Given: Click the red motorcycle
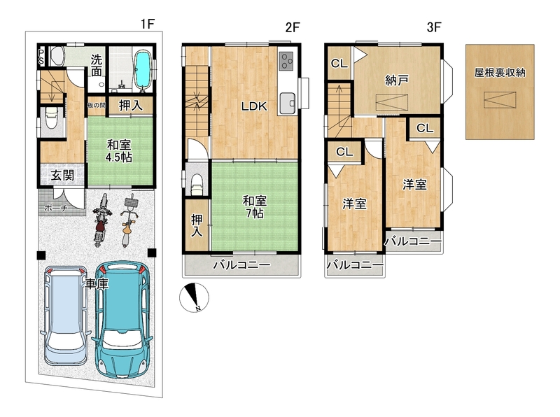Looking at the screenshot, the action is point(101,220).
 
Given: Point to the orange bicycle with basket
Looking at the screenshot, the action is point(128,220).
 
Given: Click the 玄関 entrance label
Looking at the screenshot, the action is point(62,176).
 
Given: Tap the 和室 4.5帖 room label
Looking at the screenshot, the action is point(119,151).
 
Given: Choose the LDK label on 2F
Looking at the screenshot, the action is point(254,106).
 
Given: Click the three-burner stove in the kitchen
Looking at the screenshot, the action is point(286,60).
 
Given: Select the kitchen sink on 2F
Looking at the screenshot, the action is point(288,103).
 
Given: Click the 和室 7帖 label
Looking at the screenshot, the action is point(254,206).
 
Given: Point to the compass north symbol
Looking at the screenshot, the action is point(194,297).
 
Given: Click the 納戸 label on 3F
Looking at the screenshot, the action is point(396,80).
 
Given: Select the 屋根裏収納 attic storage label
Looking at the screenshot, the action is point(500,73).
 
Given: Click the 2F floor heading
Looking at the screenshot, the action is point(292,27).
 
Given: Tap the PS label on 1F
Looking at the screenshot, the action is point(41,57).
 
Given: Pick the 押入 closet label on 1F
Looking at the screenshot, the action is point(131,106).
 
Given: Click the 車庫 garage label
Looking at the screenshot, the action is point(97,284).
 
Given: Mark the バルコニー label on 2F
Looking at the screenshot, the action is point(241,265).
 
